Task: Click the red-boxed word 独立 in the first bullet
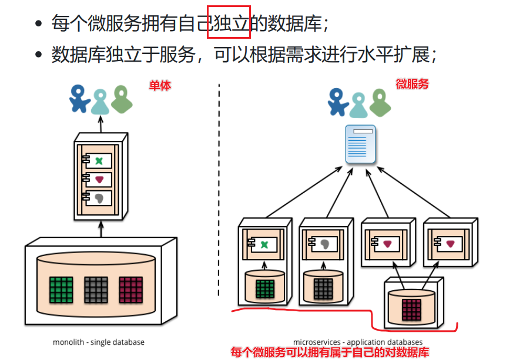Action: point(229,24)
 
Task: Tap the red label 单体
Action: point(160,85)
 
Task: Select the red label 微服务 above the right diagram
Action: point(412,84)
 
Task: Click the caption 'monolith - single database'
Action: point(98,342)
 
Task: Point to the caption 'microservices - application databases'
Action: point(357,342)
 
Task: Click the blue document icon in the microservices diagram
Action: point(360,144)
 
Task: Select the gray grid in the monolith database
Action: point(95,289)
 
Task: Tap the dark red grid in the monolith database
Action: point(130,289)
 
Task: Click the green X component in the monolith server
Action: point(99,160)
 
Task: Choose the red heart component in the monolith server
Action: point(99,179)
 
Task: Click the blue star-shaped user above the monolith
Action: point(79,98)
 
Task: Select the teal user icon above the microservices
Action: point(358,104)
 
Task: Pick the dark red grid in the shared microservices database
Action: point(411,309)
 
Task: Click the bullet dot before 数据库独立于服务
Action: point(39,55)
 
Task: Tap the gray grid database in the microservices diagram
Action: point(323,289)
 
